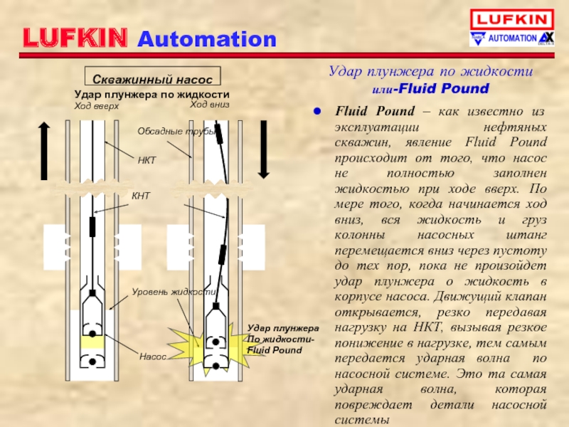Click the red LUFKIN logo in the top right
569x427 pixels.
click(x=511, y=19)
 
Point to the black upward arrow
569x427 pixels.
click(x=44, y=149)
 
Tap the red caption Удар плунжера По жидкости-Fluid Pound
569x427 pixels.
click(x=282, y=339)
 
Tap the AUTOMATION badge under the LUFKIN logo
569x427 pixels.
click(x=511, y=38)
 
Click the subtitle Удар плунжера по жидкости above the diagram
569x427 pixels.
click(x=151, y=94)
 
